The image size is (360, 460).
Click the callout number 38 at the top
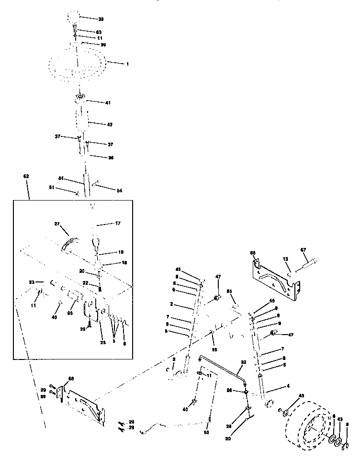101,19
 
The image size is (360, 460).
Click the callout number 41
108,102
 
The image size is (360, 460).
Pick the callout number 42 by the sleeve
110,124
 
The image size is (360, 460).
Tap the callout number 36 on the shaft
110,157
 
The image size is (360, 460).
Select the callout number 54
119,191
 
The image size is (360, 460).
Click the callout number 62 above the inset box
26,177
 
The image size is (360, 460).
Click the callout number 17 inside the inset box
118,223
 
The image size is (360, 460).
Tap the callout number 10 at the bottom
207,432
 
